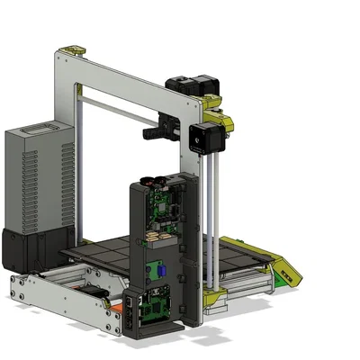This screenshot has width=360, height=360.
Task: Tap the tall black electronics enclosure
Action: pos(162,252)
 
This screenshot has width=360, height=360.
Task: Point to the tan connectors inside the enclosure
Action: pos(155,237)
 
